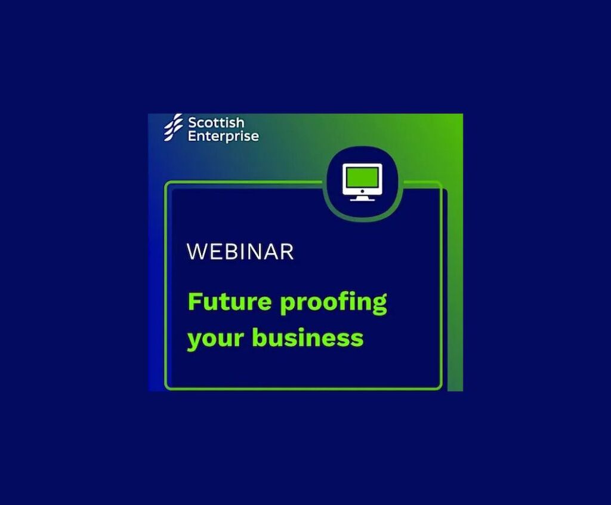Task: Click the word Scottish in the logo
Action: (x=216, y=123)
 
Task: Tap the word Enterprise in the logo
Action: (x=223, y=137)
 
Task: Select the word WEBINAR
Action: (x=240, y=251)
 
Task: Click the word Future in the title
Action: (x=230, y=301)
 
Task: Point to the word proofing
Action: (x=334, y=303)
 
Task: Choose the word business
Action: (x=308, y=337)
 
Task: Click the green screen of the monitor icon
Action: (x=362, y=177)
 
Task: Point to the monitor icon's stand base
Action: (x=362, y=199)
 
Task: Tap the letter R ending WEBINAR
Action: (x=287, y=251)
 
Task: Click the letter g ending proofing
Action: (x=379, y=306)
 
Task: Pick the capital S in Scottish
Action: (x=193, y=123)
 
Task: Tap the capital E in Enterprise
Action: (x=192, y=136)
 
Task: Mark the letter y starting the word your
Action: (x=195, y=341)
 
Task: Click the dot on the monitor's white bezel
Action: (x=362, y=191)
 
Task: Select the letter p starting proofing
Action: (x=288, y=306)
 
